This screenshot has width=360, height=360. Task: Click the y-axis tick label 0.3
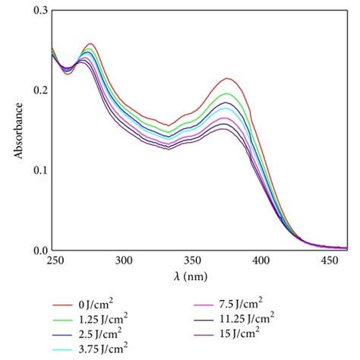(38, 11)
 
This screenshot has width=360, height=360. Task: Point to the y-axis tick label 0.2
(38, 90)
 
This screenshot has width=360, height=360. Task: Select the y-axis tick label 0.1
(38, 170)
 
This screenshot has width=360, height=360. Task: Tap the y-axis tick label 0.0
(38, 250)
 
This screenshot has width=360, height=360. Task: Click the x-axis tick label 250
(54, 260)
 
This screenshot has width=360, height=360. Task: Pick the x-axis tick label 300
(124, 260)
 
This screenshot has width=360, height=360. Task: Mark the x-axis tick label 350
(193, 260)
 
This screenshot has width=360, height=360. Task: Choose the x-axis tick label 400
(263, 260)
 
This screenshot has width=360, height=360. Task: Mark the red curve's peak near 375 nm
(227, 78)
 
